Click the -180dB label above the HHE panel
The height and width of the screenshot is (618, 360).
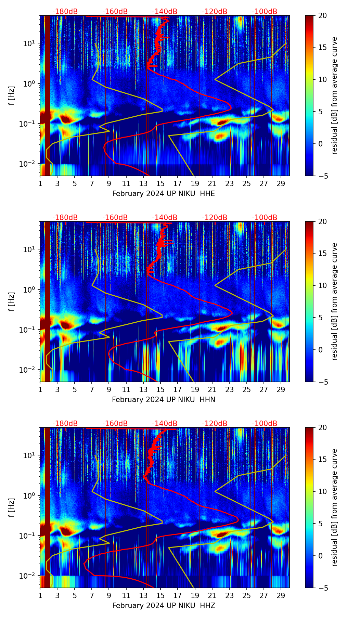click(x=65, y=12)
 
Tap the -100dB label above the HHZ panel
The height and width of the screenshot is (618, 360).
click(x=265, y=424)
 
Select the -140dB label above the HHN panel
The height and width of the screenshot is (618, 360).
click(x=165, y=218)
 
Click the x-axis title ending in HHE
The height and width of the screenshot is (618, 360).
click(x=164, y=194)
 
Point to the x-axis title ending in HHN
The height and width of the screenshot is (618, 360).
click(x=164, y=400)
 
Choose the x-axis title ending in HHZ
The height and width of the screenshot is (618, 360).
click(x=164, y=606)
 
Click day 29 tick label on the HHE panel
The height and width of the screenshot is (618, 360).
click(x=281, y=183)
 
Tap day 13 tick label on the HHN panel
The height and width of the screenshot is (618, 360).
click(x=143, y=389)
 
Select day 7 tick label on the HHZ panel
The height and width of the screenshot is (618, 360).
click(x=92, y=595)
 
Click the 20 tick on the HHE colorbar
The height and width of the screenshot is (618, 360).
click(x=322, y=15)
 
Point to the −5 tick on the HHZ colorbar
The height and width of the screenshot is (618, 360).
click(x=322, y=588)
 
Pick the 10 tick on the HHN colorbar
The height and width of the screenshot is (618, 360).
click(x=322, y=285)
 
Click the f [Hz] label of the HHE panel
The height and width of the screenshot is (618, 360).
click(x=12, y=96)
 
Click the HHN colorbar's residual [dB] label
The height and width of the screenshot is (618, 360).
click(x=335, y=301)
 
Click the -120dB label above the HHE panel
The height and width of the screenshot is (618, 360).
click(x=215, y=12)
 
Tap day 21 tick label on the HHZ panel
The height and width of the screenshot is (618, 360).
click(x=212, y=595)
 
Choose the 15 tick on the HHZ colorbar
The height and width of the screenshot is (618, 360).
click(x=322, y=460)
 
